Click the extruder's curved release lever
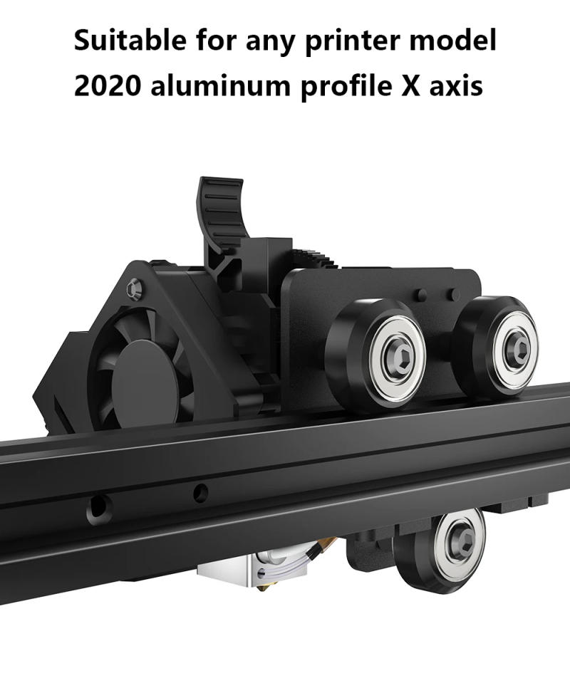click(222, 214)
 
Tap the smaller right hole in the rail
click(201, 491)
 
